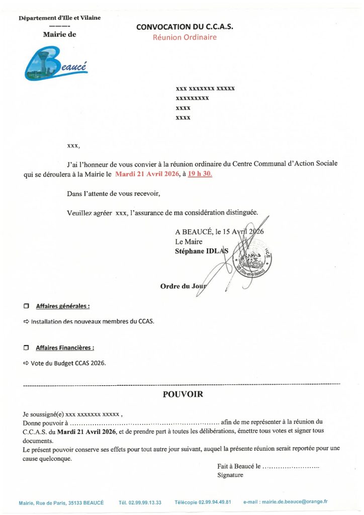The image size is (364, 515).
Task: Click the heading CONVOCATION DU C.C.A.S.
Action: (x=185, y=27)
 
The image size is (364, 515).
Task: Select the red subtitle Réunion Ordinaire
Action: (x=185, y=37)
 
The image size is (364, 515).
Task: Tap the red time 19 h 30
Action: (x=200, y=174)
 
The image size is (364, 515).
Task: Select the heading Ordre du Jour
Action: (x=183, y=286)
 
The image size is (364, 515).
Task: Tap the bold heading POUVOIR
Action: (x=183, y=395)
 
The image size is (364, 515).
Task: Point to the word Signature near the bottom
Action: (x=230, y=475)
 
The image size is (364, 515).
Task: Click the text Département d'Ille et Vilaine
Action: (x=59, y=18)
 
